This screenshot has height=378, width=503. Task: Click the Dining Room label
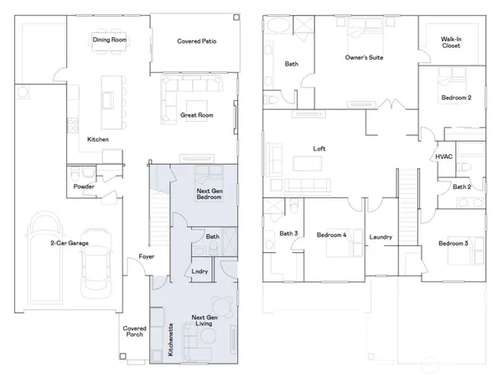tap(110, 40)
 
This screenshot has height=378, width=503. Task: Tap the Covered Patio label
tap(198, 40)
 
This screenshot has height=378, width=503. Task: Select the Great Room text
tap(196, 115)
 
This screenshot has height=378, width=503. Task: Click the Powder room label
tap(83, 186)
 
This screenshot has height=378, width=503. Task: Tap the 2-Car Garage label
tap(69, 244)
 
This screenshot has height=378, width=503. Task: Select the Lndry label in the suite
tap(200, 270)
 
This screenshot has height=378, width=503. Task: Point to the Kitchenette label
tap(171, 341)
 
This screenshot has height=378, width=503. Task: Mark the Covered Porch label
tap(134, 333)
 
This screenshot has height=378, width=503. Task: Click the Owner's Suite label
tap(366, 57)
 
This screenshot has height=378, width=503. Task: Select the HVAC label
tap(443, 157)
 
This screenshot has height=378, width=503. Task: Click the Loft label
tap(319, 149)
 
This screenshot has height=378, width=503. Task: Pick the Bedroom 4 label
tap(332, 235)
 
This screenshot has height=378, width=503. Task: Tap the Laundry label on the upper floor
tap(381, 238)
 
